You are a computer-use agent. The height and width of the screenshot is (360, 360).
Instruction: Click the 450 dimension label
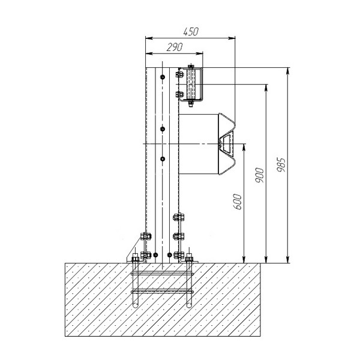pos(191,32)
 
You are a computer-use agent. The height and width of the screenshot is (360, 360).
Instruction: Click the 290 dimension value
pos(175,47)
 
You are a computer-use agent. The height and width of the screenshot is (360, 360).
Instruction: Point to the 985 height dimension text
pos(281,164)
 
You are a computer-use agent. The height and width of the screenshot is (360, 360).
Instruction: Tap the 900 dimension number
pos(260,175)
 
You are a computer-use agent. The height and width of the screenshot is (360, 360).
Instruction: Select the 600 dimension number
pos(238,202)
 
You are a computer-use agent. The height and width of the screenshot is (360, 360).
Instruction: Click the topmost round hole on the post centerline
pos(163,77)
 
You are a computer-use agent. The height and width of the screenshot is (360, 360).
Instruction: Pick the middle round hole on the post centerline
pos(163,129)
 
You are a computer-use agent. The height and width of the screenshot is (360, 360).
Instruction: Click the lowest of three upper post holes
pos(163,159)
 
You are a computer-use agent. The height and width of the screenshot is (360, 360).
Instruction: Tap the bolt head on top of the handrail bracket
pos(191,67)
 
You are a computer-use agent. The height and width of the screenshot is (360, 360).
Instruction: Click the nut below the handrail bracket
pos(191,104)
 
